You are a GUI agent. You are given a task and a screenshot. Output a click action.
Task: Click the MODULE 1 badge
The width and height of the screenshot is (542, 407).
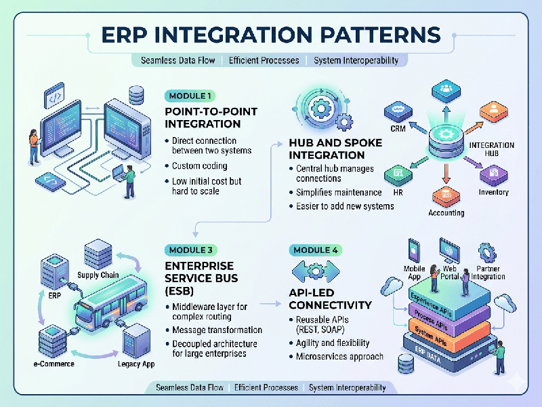coord(190,96)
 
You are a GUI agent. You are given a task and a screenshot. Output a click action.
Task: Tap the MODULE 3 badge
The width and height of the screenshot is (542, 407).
coord(192,250)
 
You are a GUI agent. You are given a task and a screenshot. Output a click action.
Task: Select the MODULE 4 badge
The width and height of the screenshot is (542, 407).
coord(315,250)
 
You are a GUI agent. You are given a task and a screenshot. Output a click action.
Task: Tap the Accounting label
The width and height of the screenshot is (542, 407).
coord(446,212)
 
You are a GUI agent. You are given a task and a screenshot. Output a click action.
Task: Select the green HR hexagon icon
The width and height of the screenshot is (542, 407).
coord(398,176)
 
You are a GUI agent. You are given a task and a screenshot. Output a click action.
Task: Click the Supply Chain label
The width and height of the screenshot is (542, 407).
coord(99,275)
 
